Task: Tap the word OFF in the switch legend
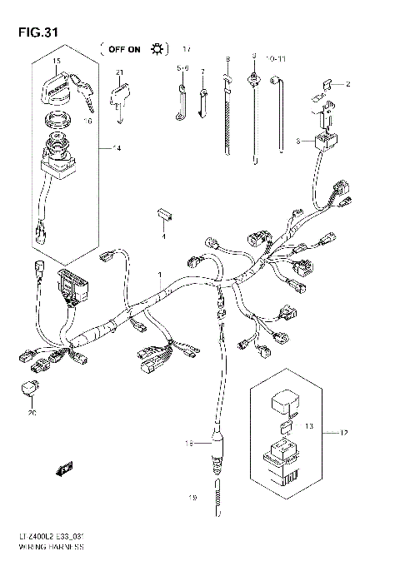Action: tap(116, 50)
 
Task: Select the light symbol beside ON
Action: tap(156, 50)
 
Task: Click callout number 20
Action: tap(32, 413)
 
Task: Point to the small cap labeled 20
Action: tap(29, 387)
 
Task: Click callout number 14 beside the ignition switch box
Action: tap(117, 148)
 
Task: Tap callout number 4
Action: tap(164, 238)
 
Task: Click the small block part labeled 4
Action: tap(163, 214)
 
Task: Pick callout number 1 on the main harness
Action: tap(161, 275)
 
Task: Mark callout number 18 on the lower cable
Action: tap(187, 443)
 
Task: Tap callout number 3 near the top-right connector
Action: tap(297, 141)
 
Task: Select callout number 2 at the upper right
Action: tap(348, 85)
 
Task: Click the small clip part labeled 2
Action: tap(330, 83)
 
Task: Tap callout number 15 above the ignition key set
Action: tap(57, 61)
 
